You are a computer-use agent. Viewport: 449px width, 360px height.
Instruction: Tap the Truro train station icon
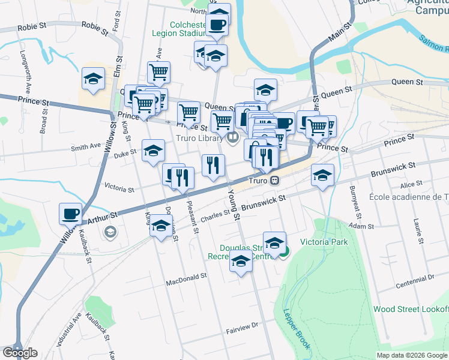coord(274,179)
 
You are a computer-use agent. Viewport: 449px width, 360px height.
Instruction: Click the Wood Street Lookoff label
coord(410,309)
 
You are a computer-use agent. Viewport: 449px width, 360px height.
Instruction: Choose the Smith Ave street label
coord(86,146)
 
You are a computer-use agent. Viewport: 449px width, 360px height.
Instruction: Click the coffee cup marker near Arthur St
coord(70,214)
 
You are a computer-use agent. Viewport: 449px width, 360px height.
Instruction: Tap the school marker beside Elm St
coord(93,79)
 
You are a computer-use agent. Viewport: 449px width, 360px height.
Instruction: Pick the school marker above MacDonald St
coord(241,261)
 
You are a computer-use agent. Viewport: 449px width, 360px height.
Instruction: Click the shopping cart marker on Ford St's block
coord(158,73)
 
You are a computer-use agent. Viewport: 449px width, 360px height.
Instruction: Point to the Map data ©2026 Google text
coord(412,355)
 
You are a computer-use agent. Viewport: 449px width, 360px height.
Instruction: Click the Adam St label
coord(361,226)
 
